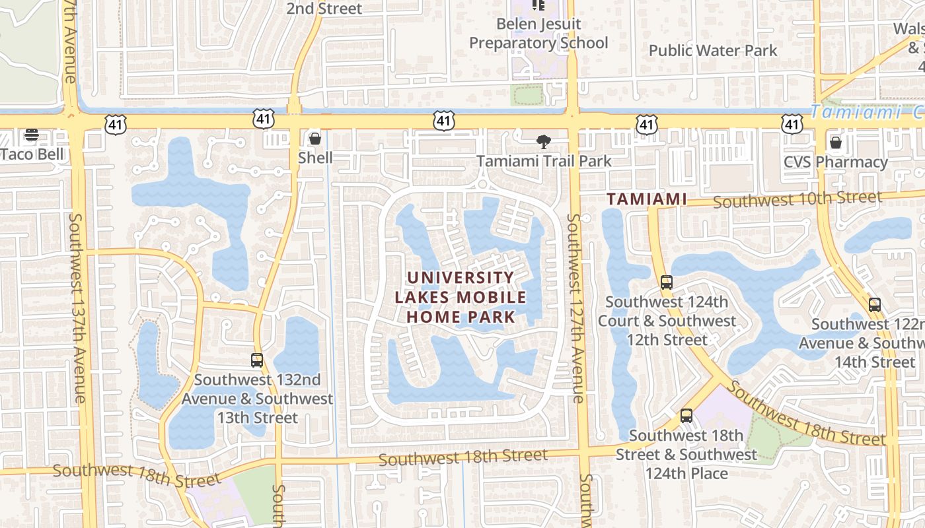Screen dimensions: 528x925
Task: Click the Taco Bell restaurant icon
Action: pyautogui.click(x=32, y=135)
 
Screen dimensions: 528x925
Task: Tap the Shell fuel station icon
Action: pyautogui.click(x=315, y=139)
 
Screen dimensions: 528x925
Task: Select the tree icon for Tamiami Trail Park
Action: pyautogui.click(x=544, y=141)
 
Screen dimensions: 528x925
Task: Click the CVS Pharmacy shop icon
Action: pyautogui.click(x=836, y=143)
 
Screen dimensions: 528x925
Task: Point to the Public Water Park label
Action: pyautogui.click(x=712, y=50)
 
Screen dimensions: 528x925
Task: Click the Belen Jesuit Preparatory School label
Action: pyautogui.click(x=538, y=34)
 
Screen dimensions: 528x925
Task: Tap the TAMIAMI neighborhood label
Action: pyautogui.click(x=647, y=198)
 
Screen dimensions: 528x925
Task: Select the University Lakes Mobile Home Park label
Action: pyautogui.click(x=461, y=297)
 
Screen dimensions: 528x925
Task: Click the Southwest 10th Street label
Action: pyautogui.click(x=797, y=199)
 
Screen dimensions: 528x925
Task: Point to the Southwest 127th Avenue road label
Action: pyautogui.click(x=575, y=308)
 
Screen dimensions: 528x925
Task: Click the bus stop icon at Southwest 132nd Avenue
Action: pyautogui.click(x=257, y=360)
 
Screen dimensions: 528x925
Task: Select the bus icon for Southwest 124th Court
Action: pyautogui.click(x=666, y=282)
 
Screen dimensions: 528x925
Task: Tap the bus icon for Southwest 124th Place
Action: pyautogui.click(x=686, y=416)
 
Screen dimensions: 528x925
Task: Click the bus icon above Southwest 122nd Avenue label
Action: pyautogui.click(x=875, y=304)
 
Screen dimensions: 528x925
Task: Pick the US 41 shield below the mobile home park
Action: pyautogui.click(x=435, y=414)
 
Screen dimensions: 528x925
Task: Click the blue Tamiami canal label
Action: pyautogui.click(x=866, y=112)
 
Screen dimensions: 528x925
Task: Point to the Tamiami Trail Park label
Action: pyautogui.click(x=544, y=161)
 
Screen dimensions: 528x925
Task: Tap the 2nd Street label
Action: pyautogui.click(x=324, y=9)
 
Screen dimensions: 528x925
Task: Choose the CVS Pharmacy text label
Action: pyautogui.click(x=835, y=162)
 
